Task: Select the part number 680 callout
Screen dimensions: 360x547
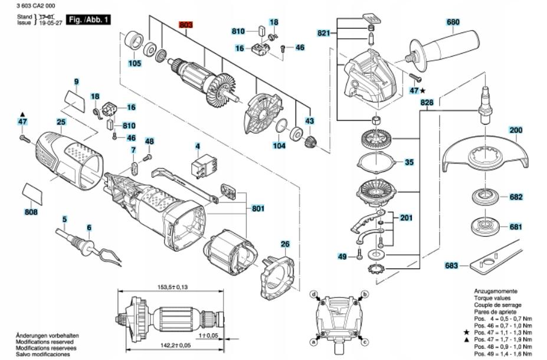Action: click(453, 23)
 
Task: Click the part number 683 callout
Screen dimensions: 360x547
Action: click(452, 266)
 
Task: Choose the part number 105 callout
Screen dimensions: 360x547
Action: click(135, 64)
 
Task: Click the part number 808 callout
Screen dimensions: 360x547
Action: click(31, 211)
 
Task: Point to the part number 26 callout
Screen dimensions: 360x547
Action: click(285, 244)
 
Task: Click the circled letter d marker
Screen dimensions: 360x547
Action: click(315, 294)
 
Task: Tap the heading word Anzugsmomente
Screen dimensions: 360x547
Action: click(496, 292)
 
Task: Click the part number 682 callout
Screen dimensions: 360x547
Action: click(516, 197)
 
